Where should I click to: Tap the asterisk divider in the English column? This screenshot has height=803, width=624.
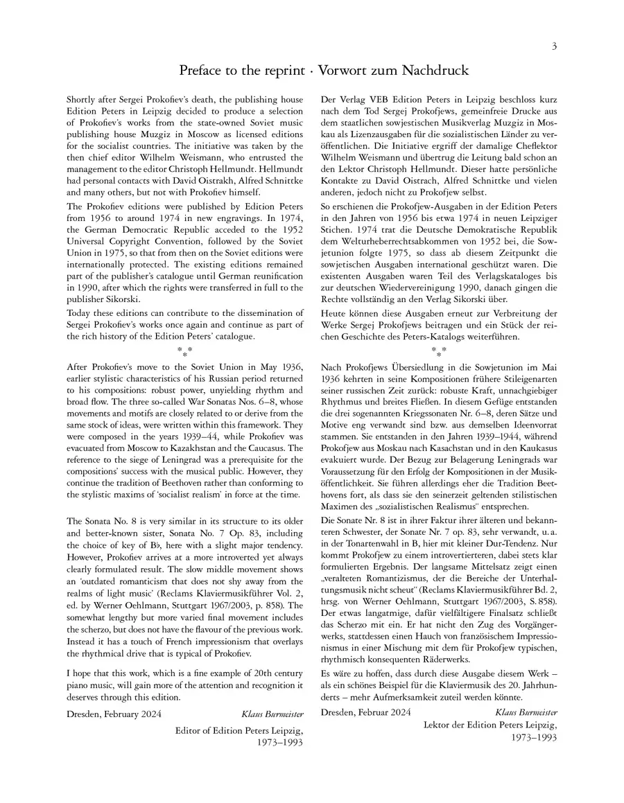(185, 351)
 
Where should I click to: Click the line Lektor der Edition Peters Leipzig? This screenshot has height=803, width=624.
(490, 724)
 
